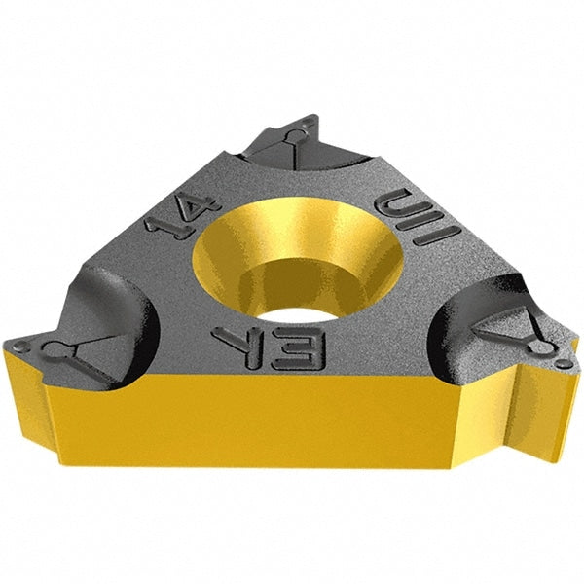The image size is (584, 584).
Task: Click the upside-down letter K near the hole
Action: click(x=237, y=338)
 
